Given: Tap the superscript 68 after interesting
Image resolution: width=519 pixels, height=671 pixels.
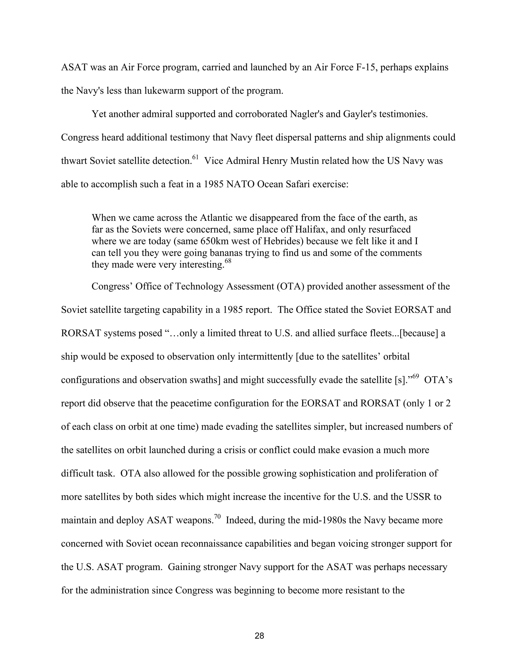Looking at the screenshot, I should [228, 261].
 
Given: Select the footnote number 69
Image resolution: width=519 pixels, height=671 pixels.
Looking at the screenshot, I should [415, 376].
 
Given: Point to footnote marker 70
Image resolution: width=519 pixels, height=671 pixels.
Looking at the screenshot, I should [217, 517].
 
